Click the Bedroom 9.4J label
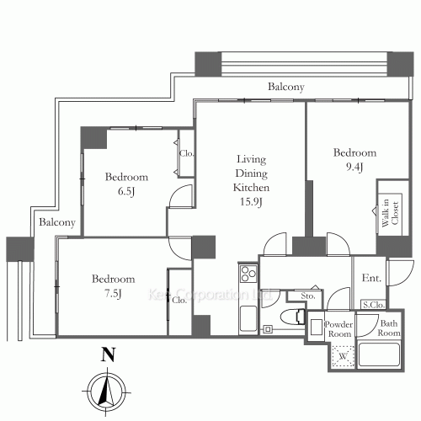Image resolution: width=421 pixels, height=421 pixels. (x=354, y=160)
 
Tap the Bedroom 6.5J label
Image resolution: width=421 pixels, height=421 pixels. (x=126, y=184)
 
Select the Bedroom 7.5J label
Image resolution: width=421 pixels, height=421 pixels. (x=113, y=286)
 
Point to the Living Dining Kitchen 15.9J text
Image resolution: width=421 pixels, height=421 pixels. (x=250, y=179)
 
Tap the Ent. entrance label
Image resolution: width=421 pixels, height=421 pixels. (x=371, y=279)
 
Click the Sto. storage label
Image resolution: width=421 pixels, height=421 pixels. (x=307, y=296)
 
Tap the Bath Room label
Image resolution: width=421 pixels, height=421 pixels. (x=388, y=329)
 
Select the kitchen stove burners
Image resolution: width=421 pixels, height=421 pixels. (x=248, y=274)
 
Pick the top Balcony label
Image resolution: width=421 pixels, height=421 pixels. (x=285, y=87)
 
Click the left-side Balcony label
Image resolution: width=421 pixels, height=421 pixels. (x=57, y=223)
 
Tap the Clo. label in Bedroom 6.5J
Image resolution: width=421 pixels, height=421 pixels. (x=186, y=153)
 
